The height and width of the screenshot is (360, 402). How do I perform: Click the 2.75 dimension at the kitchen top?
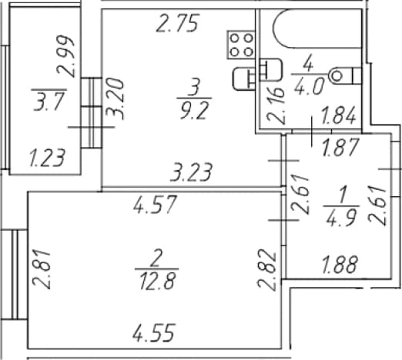tap(178, 23)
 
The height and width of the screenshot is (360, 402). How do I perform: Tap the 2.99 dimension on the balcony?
tap(66, 56)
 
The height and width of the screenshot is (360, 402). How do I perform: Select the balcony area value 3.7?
tap(49, 102)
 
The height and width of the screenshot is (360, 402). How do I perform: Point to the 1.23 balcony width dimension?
tap(47, 158)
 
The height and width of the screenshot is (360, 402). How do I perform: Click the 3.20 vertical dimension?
tap(116, 99)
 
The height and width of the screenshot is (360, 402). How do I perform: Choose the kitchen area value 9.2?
tap(193, 111)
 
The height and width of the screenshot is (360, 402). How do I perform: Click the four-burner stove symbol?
tap(241, 45)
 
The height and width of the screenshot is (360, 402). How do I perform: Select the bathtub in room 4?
tap(318, 28)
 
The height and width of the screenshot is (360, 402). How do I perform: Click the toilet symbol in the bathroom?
tap(346, 76)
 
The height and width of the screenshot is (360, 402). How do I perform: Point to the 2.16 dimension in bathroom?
tap(276, 105)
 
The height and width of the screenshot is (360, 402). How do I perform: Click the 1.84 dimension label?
tap(338, 115)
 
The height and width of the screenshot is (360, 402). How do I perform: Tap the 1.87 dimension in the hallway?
tap(340, 147)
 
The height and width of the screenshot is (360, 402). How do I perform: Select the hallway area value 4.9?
tap(342, 216)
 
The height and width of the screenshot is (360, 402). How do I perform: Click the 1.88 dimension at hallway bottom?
tap(340, 264)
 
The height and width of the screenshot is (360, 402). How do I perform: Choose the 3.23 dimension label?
tap(191, 172)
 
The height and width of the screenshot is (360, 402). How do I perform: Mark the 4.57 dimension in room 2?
tap(155, 205)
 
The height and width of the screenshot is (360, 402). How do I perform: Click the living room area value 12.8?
tap(158, 281)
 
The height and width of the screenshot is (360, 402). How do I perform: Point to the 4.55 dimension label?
tap(154, 333)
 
